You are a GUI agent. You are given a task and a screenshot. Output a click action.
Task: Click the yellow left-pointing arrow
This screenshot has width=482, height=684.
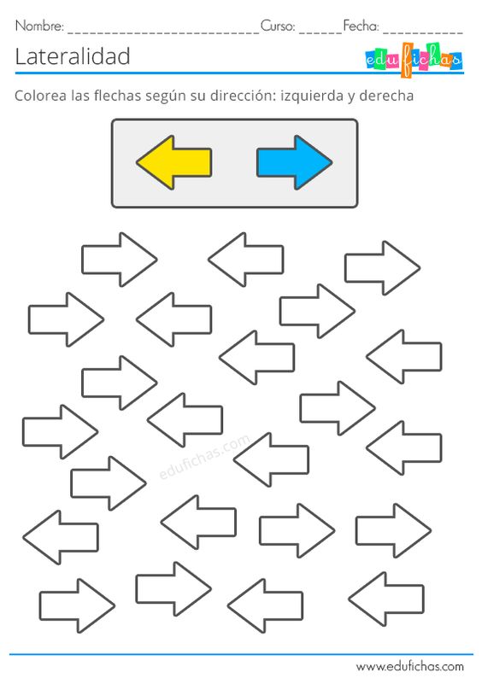pyautogui.click(x=174, y=163)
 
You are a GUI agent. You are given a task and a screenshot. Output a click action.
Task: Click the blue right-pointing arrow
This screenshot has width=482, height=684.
pyautogui.click(x=295, y=163)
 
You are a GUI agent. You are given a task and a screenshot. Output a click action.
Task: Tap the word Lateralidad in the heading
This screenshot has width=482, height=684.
pyautogui.click(x=73, y=56)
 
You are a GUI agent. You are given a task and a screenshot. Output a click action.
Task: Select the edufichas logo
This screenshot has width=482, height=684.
pyautogui.click(x=413, y=60)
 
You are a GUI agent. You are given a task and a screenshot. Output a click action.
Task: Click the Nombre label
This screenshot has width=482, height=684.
pyautogui.click(x=39, y=26)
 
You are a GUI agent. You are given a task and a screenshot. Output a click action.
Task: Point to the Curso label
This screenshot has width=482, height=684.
pyautogui.click(x=278, y=26)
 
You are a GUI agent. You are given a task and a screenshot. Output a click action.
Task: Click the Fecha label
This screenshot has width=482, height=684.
pyautogui.click(x=361, y=26)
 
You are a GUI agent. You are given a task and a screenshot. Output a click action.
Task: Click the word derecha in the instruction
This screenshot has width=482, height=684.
pyautogui.click(x=386, y=95)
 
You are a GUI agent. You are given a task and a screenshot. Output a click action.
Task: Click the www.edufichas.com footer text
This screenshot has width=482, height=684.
pyautogui.click(x=409, y=667)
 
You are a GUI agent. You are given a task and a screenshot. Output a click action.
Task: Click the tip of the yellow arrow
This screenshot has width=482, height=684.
pyautogui.click(x=137, y=163)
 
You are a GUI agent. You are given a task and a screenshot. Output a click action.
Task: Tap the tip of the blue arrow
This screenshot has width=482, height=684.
pyautogui.click(x=332, y=163)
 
